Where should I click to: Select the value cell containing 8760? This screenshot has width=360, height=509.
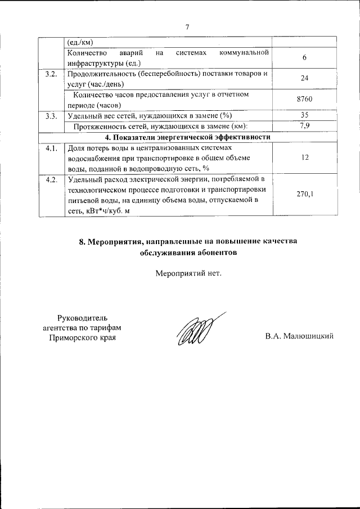coord(304,99)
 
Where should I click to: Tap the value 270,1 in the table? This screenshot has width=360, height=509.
coord(304,194)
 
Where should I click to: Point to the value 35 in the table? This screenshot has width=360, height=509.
coord(304,115)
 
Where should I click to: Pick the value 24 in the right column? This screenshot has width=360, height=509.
coord(304,78)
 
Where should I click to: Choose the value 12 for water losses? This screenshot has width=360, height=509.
coord(304,158)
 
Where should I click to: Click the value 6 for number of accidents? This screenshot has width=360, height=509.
coord(304,58)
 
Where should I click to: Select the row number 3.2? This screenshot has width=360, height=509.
coord(51,74)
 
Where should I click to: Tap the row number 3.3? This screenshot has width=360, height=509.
coord(51,116)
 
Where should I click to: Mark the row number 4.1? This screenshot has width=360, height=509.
coord(51,148)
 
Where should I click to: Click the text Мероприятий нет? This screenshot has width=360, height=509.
coord(188,274)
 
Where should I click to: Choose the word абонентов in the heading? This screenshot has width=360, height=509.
coord(216,253)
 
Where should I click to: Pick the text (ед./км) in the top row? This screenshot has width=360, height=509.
coord(80,42)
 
